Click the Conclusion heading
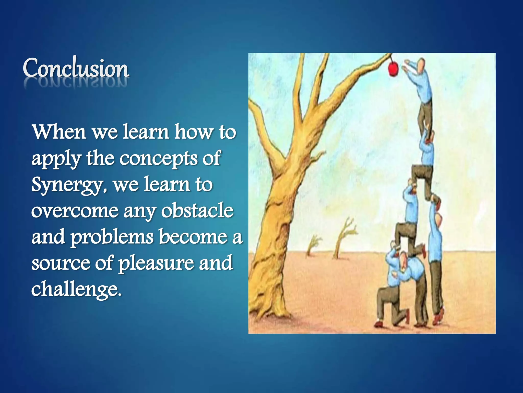point(76,68)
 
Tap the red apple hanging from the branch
point(393,68)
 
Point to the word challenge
point(76,289)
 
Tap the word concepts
point(158,158)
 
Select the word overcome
point(75,211)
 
